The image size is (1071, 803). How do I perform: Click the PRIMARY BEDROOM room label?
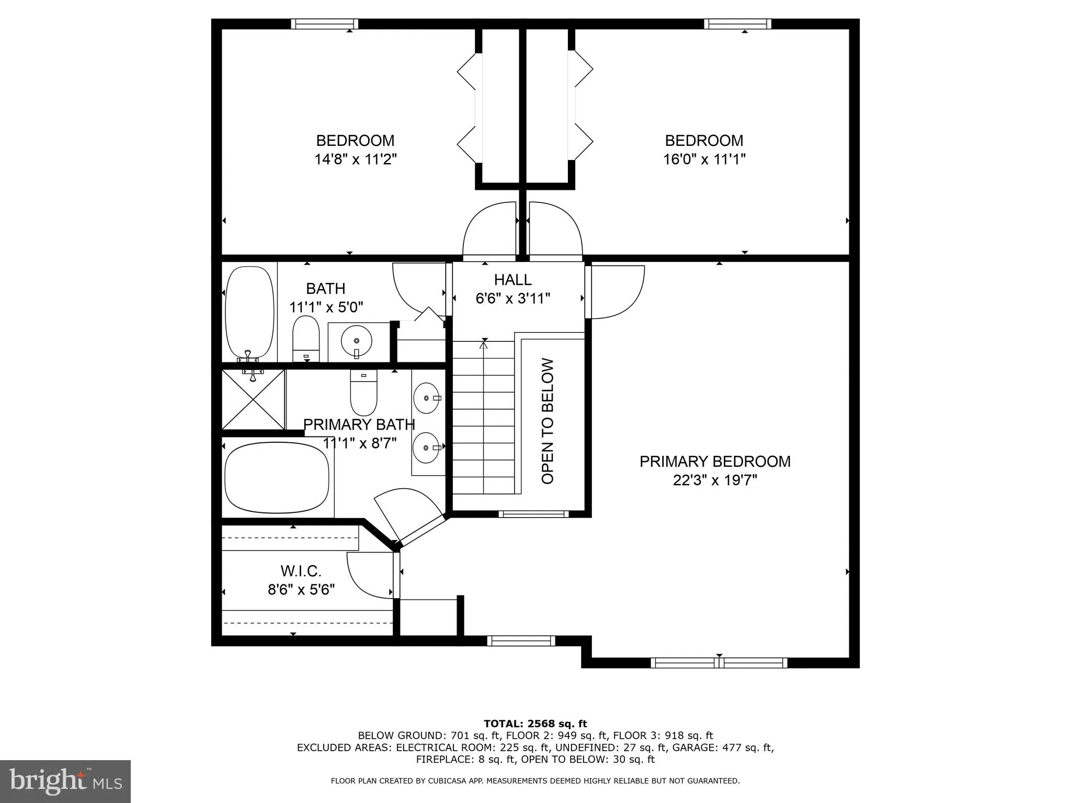click(x=714, y=461)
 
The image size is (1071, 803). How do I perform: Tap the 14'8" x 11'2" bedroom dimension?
click(x=355, y=159)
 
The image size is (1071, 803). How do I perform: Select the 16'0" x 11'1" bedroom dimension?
click(x=704, y=159)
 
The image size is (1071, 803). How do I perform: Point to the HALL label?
click(x=512, y=280)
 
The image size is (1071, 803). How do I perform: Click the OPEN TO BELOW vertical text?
click(x=548, y=421)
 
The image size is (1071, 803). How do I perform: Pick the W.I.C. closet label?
click(x=301, y=570)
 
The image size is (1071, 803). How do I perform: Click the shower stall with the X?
click(x=253, y=400)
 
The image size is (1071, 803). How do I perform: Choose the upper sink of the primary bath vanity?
click(x=427, y=398)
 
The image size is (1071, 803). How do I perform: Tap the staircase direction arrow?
click(x=484, y=343)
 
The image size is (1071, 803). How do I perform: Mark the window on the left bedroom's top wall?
click(x=324, y=24)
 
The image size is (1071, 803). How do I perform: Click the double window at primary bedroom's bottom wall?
click(x=719, y=663)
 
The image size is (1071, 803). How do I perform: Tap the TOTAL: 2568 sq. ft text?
click(x=535, y=724)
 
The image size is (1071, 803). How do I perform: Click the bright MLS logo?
click(x=65, y=781)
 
